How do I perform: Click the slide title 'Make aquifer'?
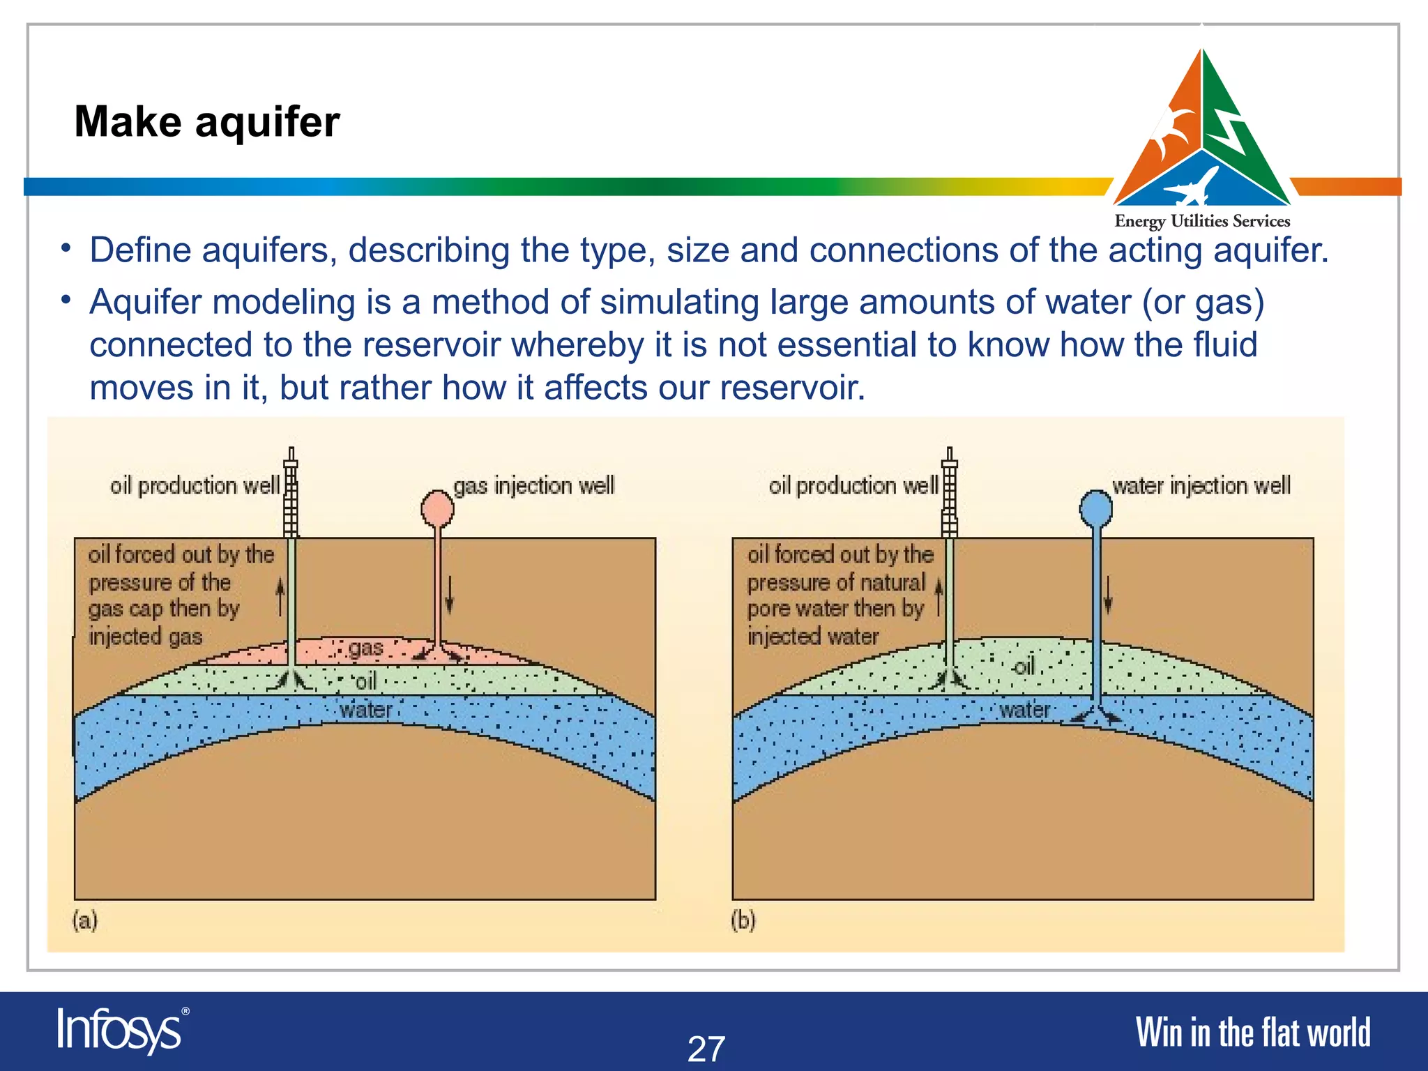pos(207,122)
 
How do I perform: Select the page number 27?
pos(706,1049)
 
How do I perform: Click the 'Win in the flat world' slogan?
pos(1252,1033)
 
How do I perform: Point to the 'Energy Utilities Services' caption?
pos(1202,221)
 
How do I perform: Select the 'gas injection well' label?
pos(534,485)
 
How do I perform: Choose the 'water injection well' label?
pos(1201,485)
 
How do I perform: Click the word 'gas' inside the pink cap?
pos(365,648)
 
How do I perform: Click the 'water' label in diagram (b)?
pos(1024,710)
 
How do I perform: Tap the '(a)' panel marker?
pos(85,920)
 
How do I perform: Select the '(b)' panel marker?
pos(743,920)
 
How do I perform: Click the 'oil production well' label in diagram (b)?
pos(853,485)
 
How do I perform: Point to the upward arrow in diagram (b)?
pos(939,596)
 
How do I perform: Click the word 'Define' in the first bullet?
pos(140,250)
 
